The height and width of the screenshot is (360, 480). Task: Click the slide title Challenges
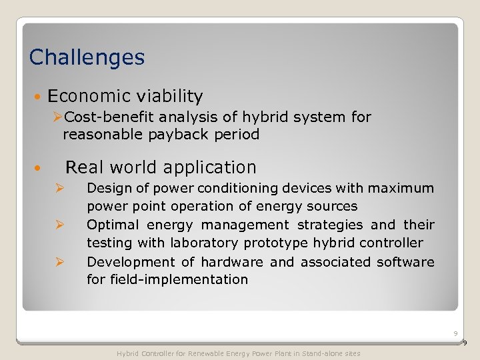click(87, 57)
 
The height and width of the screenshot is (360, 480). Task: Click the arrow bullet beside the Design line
click(59, 189)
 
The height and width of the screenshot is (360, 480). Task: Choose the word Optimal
click(113, 225)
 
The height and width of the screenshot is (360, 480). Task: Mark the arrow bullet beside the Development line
click(59, 262)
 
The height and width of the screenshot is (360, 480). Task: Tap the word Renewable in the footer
click(207, 353)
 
